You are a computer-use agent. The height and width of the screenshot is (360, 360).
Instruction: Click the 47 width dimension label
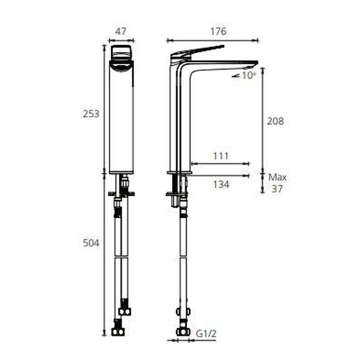121,31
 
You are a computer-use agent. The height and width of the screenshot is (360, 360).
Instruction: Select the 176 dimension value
218,31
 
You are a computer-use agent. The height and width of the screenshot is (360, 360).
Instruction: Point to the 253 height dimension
91,114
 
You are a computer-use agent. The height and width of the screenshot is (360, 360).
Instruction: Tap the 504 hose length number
91,243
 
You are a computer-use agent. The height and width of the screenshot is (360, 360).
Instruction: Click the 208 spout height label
275,121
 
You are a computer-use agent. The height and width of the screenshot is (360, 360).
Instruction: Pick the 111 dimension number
221,156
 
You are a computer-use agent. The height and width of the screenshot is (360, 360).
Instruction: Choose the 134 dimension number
221,184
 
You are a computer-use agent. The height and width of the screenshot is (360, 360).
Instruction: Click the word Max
277,177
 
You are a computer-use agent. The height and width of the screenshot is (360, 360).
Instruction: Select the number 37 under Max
277,189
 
